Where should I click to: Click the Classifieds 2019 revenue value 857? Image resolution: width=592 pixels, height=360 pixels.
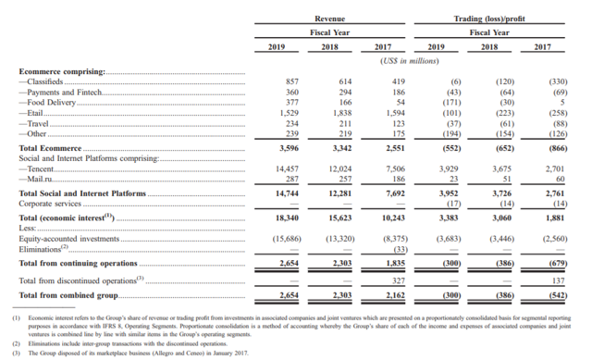[292, 81]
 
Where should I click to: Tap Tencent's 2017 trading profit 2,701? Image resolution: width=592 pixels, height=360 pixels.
[554, 168]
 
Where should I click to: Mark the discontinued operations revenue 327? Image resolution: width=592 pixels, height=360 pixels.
[400, 280]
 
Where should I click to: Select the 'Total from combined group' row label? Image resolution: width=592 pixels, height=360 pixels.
[68, 295]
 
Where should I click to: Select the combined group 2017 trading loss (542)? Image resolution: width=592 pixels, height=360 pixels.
[556, 295]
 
